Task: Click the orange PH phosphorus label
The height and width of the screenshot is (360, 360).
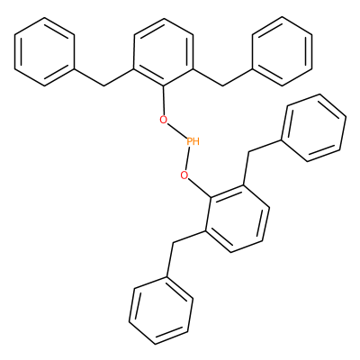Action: (x=193, y=141)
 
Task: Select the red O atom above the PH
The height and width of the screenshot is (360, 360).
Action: (x=163, y=120)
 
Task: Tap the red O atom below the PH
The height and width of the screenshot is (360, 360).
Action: (x=184, y=175)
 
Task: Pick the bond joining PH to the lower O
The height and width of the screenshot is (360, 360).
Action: (x=188, y=158)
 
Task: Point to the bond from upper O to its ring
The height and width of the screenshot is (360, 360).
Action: (x=164, y=101)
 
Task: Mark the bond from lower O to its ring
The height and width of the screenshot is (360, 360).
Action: (x=201, y=188)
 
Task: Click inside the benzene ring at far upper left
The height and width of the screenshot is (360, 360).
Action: (x=44, y=51)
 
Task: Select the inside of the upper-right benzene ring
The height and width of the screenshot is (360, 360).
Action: (x=283, y=51)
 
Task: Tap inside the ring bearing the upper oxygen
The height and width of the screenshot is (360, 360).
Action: (x=164, y=52)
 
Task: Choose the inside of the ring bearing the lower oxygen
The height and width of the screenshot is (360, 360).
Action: (x=238, y=219)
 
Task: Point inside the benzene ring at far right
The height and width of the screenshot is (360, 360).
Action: (x=313, y=128)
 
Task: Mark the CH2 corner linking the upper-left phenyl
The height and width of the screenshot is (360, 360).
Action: (x=104, y=86)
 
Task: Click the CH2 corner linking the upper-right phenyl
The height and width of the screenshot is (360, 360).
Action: (x=223, y=86)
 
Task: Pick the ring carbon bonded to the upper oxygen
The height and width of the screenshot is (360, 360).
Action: (x=164, y=86)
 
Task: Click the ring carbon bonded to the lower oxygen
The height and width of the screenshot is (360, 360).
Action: (x=211, y=197)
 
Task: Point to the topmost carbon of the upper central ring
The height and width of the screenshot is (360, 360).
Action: (x=164, y=18)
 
